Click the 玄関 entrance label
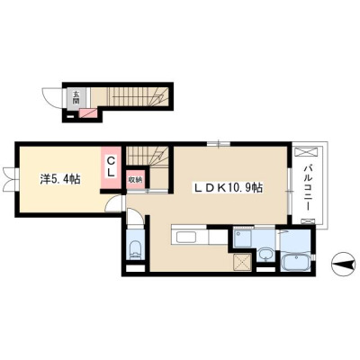[76, 97]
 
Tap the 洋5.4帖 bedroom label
[60, 180]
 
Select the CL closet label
[111, 166]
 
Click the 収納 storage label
[135, 180]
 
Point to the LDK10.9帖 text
[228, 188]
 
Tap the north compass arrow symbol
[345, 265]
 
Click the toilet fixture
[135, 249]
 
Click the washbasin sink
[265, 256]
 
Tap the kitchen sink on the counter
[186, 238]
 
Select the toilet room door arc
[135, 216]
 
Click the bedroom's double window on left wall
[10, 179]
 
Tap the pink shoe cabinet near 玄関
[88, 113]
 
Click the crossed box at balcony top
[306, 151]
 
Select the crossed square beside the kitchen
[242, 262]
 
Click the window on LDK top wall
[219, 144]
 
